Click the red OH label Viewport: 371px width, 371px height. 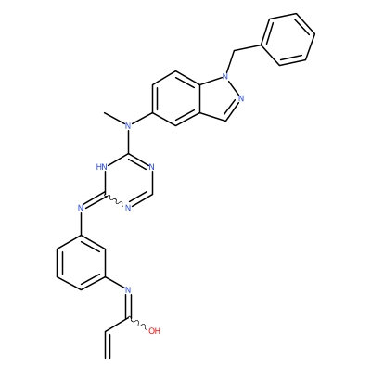[154, 331]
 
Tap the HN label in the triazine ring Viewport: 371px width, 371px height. [101, 167]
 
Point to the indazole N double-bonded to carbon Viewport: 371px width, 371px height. [241, 98]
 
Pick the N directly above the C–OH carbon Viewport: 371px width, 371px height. [128, 290]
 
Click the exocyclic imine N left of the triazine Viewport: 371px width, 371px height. [81, 208]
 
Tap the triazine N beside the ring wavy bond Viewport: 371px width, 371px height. [128, 208]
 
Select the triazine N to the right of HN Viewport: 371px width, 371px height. [151, 167]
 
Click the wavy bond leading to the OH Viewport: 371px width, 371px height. [138, 324]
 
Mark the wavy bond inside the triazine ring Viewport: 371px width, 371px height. [115, 200]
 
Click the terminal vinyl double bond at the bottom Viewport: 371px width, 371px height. [108, 345]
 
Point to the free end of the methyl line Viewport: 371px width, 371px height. [105, 112]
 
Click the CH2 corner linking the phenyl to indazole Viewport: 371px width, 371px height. [234, 51]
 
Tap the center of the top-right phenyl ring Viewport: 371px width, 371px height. [288, 40]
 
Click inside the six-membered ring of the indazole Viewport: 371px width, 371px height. [176, 98]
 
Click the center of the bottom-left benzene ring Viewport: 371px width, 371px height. [82, 262]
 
